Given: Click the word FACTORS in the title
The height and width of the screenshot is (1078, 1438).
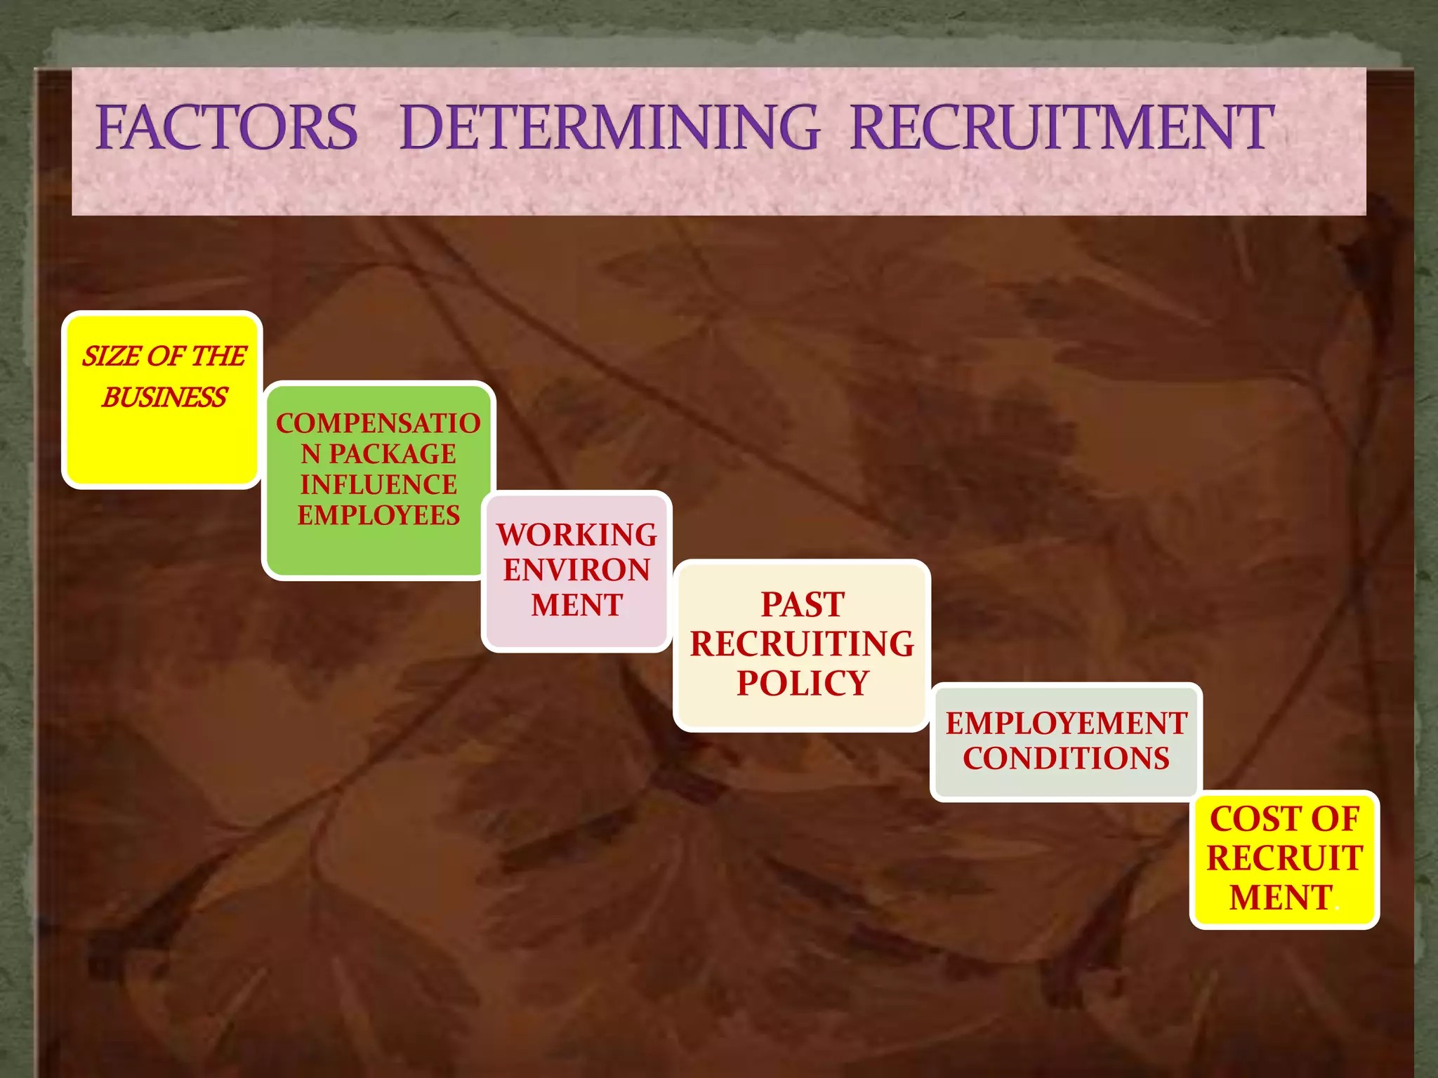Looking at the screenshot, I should tap(226, 128).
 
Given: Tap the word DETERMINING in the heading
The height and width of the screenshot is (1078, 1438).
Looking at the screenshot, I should tap(609, 128).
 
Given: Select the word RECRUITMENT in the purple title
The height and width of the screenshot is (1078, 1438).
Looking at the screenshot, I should tap(1062, 128).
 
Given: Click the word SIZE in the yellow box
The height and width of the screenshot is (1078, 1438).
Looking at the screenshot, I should tap(112, 357).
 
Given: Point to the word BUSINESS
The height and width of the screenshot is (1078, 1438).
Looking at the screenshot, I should tap(164, 398).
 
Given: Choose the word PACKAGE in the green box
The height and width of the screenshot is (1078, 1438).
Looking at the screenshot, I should tap(393, 454).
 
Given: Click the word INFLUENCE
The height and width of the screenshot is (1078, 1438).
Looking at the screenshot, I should tap(378, 485).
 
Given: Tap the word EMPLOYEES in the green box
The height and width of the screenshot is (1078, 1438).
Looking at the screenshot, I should tap(378, 516).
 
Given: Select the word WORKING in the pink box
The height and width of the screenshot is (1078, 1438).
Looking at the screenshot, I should tap(576, 535).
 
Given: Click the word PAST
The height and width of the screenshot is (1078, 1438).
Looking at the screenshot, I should tap(803, 605).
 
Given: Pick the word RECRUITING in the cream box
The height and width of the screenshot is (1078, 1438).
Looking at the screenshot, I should tap(803, 644).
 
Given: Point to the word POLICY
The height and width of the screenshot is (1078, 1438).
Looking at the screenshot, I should tap(803, 684).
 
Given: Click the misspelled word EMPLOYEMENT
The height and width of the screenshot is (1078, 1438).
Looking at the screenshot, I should tap(1066, 724).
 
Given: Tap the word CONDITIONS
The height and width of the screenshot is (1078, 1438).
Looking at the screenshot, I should tap(1066, 759).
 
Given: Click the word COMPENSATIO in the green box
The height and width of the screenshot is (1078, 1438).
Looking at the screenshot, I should tap(378, 423).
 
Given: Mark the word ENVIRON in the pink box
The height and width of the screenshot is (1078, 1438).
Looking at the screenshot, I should tap(576, 570).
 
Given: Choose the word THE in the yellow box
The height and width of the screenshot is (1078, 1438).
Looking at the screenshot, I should tap(218, 357).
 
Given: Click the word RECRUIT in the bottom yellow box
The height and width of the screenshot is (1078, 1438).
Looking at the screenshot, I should tap(1284, 858).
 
